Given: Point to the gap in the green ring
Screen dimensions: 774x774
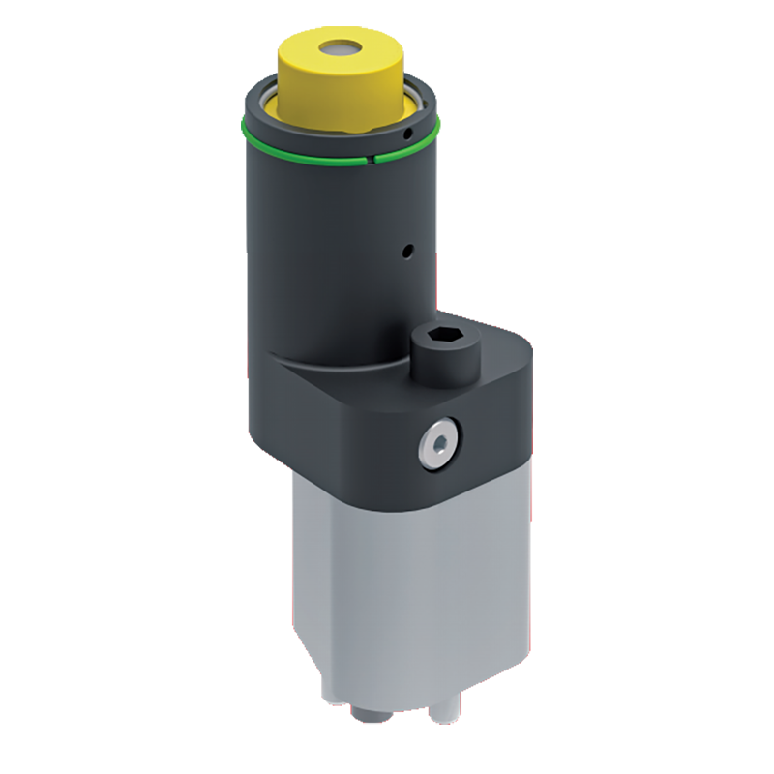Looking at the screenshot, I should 371,155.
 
